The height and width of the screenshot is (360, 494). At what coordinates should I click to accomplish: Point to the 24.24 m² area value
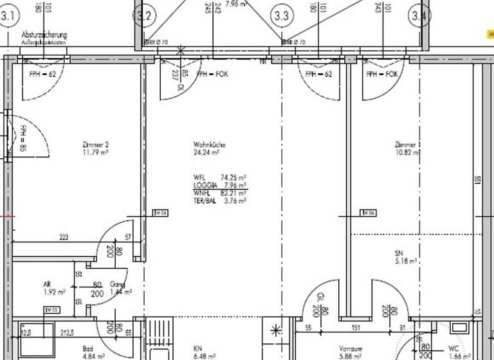coord(207,153)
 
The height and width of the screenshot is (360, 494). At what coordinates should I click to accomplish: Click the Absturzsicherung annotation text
coord(44,34)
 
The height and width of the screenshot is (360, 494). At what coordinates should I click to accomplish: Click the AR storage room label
coord(47,283)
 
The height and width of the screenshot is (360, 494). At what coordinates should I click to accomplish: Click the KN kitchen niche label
coord(198,349)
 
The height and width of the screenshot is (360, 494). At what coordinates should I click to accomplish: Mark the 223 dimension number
coord(64,238)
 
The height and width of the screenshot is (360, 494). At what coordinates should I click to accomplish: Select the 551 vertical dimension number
coord(478,182)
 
